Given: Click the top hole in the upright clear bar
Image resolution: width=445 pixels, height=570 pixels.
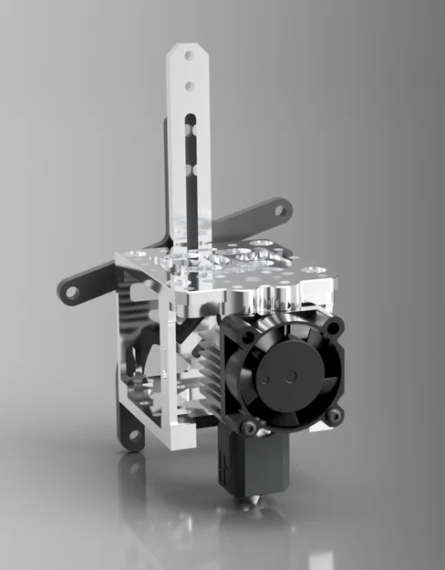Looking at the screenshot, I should (189, 55).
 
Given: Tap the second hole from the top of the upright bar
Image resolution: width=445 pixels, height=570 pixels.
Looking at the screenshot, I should (189, 87).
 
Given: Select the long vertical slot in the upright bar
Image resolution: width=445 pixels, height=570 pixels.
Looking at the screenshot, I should (189, 164).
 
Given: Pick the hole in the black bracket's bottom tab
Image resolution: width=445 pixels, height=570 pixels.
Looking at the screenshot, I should (133, 435).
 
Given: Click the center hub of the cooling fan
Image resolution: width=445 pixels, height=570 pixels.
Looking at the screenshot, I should (291, 376).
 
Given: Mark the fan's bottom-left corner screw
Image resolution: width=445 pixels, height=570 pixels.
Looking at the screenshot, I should (249, 425).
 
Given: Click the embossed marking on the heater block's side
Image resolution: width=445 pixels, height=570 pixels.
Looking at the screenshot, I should (222, 471).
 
